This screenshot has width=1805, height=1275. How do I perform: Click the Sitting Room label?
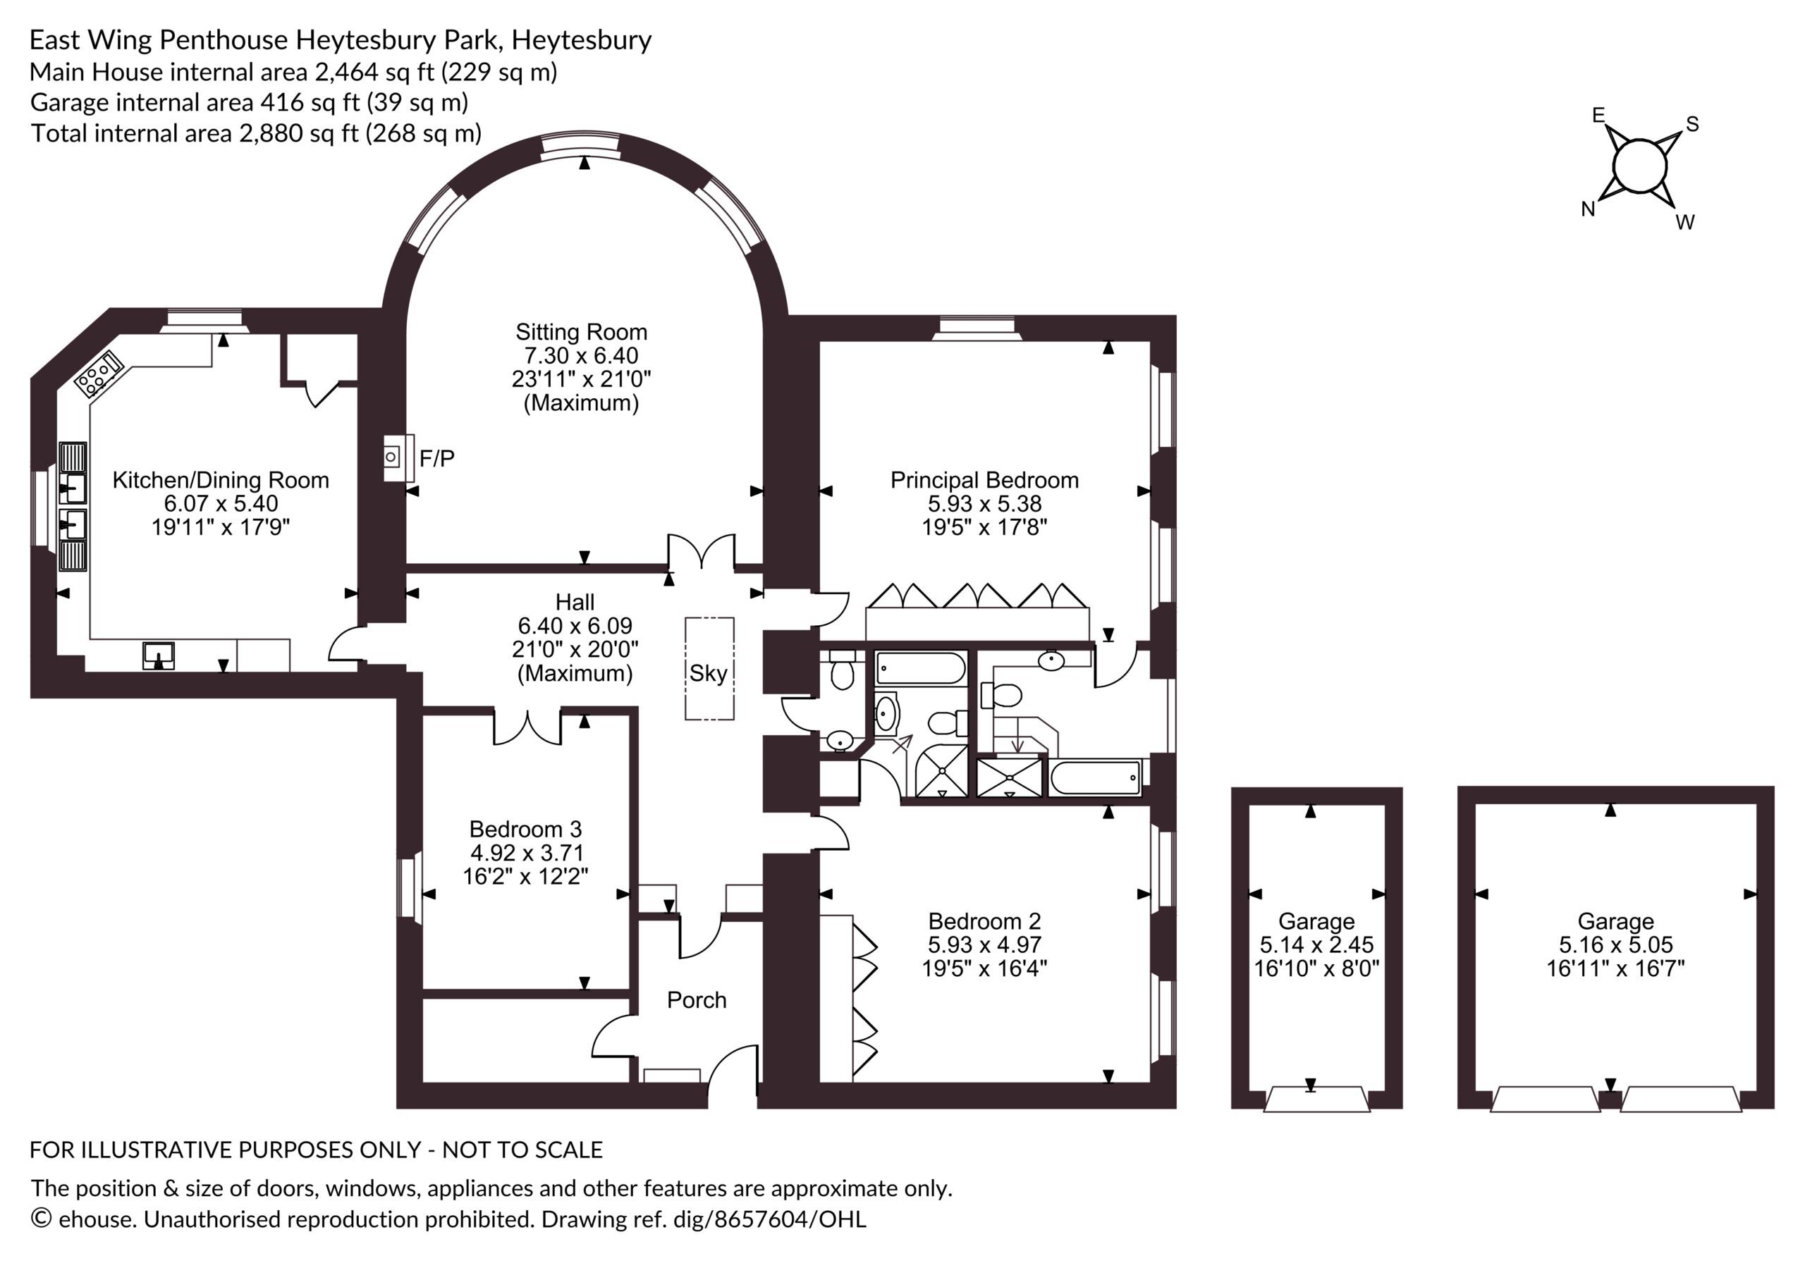coord(581,332)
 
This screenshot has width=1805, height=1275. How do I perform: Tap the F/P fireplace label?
coord(437,458)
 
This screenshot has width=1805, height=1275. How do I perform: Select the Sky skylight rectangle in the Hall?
coord(709,669)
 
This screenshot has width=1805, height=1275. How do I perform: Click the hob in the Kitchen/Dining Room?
coord(99,373)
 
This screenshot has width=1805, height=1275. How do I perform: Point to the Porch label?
coord(697,1000)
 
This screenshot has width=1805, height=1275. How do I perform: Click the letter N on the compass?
coord(1588,209)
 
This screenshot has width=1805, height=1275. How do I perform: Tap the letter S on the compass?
coord(1693,124)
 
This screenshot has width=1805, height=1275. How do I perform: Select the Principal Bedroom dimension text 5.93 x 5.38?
coord(984,504)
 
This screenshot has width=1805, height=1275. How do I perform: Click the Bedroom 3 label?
coord(525,830)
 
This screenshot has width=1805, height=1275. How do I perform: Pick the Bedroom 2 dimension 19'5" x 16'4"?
coord(984,968)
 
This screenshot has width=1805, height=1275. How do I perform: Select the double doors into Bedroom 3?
coord(527,727)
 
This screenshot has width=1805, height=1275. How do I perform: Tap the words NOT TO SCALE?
coord(522,1150)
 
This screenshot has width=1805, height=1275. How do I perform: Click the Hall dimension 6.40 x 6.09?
coord(575,626)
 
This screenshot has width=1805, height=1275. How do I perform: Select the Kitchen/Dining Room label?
coord(221,480)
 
